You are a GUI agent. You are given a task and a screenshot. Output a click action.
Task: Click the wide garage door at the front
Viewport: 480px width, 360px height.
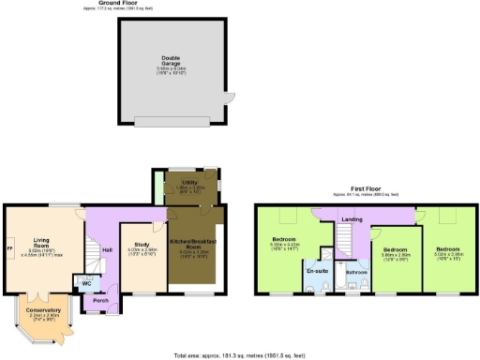tap(172, 124)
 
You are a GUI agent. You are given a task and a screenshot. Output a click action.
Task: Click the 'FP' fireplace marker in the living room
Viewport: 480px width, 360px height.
tap(10, 247)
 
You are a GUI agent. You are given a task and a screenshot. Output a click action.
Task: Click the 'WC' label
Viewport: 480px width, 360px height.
tap(87, 282)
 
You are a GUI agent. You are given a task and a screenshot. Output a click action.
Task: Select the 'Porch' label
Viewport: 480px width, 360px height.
tap(100, 301)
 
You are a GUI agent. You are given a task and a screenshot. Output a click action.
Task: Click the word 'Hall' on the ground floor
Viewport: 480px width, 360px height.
tap(107, 248)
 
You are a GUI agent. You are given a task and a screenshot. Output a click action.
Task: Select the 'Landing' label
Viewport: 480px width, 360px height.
tap(352, 219)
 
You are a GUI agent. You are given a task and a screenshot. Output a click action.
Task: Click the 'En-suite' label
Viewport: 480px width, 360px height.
tap(315, 270)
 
